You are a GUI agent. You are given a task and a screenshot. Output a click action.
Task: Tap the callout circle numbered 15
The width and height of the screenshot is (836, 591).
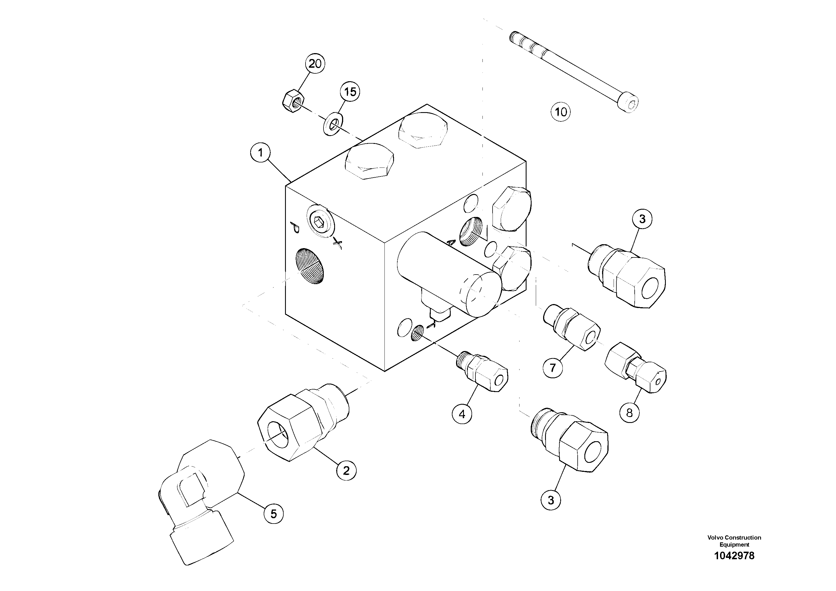coord(350,92)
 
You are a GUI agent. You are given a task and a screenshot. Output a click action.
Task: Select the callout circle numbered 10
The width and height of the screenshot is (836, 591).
coord(560,112)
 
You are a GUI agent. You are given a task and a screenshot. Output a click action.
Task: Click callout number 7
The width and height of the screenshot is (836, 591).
coord(553,368)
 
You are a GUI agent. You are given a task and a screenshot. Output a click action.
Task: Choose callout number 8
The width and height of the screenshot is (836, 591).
coord(630,413)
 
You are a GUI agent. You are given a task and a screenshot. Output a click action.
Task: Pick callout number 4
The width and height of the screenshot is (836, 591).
coord(462,414)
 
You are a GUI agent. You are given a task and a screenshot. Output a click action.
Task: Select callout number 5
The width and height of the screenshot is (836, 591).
coord(274,514)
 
